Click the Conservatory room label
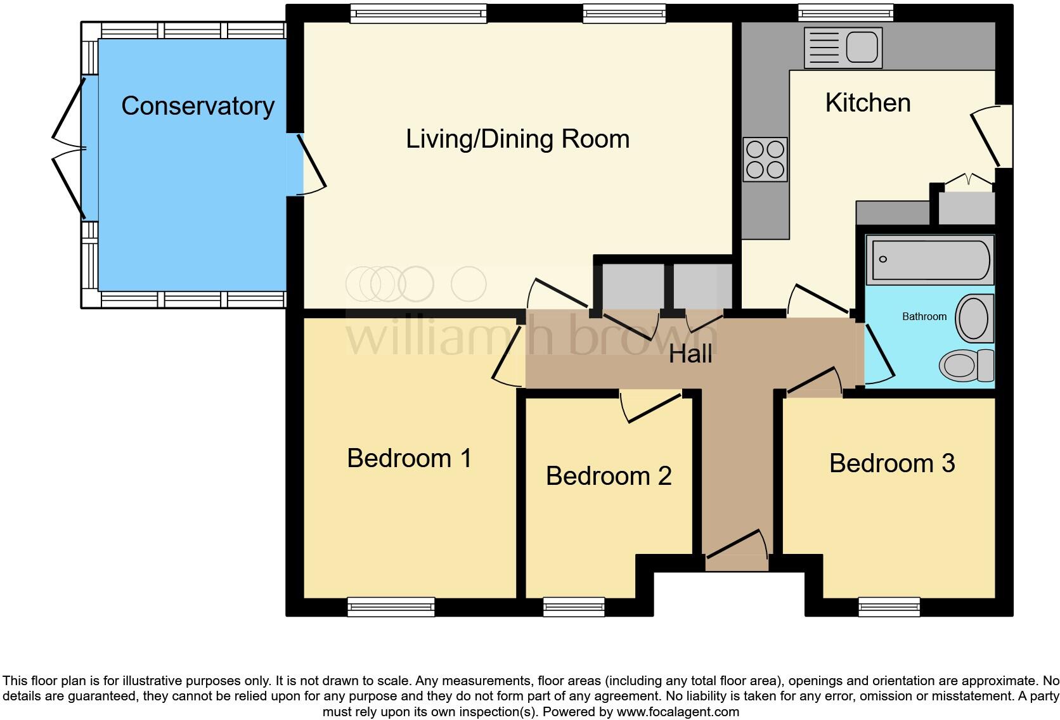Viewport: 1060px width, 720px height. coord(198,106)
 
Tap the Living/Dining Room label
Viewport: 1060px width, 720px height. coord(517,139)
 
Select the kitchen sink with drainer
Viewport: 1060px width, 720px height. coord(843,48)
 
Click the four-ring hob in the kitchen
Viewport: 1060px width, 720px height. coord(765,159)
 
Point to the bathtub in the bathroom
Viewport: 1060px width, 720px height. coord(929,259)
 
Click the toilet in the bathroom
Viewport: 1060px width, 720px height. coord(966,366)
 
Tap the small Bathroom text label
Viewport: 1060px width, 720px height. coord(924,316)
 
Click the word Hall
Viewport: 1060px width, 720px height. coord(690,354)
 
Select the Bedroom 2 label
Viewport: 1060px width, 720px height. coord(608,476)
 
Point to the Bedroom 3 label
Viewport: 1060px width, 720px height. coord(891,463)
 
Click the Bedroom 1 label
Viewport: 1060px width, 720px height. coord(410,458)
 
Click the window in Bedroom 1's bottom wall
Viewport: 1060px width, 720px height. coord(391,607)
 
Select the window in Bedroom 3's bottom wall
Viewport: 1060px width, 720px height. coord(888,607)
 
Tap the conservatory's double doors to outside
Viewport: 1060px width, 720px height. coord(68,148)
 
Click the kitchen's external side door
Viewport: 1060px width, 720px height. coord(990,136)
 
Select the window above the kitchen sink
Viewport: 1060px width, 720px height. coord(845,13)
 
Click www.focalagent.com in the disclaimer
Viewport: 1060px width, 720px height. coord(677,712)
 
